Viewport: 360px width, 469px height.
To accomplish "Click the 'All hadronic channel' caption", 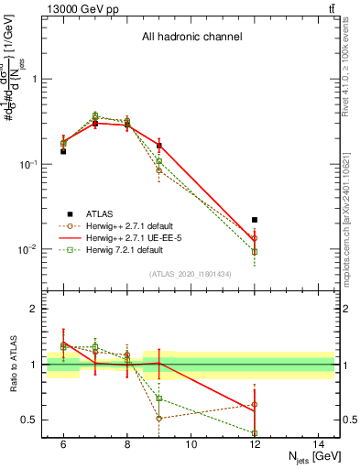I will [191, 38].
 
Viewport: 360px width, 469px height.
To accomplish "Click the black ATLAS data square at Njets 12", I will [255, 220].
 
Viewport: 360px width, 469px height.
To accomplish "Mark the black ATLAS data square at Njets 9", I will [159, 146].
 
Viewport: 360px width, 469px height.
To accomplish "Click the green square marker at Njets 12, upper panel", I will [255, 251].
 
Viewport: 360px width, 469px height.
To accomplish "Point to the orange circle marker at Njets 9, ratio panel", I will [159, 418].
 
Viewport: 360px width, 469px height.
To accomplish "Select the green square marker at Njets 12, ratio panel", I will [255, 432].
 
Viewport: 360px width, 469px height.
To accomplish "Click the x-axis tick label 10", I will [191, 444].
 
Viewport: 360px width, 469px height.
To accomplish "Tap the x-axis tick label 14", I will [319, 444].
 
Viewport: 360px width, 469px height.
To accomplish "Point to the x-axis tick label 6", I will [63, 444].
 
